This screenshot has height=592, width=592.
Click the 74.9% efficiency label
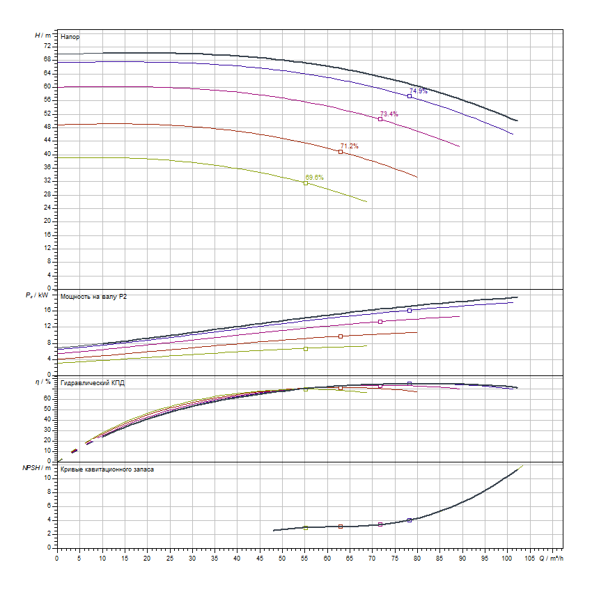(x=419, y=91)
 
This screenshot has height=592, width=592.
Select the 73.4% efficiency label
(x=389, y=114)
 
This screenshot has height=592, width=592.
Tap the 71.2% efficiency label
(x=350, y=146)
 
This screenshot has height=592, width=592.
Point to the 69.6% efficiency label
(x=315, y=178)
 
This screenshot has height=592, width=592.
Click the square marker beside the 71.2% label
(x=341, y=152)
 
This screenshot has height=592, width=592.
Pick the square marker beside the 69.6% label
(x=306, y=183)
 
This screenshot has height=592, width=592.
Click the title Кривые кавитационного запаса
(x=107, y=469)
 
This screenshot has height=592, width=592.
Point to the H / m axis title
(x=42, y=35)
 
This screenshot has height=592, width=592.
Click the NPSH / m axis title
(x=42, y=469)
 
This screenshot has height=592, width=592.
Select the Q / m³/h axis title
(x=550, y=558)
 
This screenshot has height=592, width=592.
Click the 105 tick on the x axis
(x=529, y=558)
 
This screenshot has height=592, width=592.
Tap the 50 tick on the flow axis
(x=282, y=558)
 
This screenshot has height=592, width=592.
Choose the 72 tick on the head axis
(x=47, y=46)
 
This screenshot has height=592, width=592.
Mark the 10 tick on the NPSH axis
(x=47, y=478)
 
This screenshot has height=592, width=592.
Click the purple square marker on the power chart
(x=380, y=322)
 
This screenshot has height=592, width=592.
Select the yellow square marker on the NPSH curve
(x=305, y=528)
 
